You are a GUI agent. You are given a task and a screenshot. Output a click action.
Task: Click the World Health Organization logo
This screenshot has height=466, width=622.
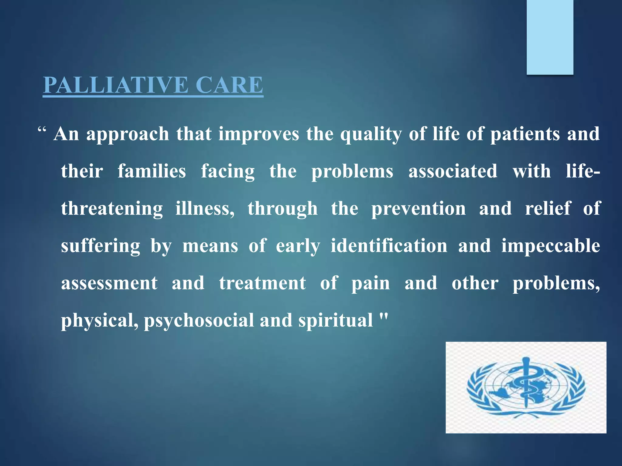tap(526, 387)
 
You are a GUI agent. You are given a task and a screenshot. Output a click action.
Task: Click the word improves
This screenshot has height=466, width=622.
tap(259, 134)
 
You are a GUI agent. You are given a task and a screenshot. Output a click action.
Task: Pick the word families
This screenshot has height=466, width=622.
tap(152, 171)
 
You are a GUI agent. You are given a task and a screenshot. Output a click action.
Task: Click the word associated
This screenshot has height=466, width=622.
tap(453, 171)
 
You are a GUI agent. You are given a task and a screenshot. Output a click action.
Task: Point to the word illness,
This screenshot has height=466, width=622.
tap(205, 209)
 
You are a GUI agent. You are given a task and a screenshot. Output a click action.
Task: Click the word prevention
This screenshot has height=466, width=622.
tap(419, 209)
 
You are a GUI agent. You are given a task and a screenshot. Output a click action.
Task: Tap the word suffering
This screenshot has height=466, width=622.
tap(101, 246)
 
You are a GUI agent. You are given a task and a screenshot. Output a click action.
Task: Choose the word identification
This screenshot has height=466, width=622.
tap(389, 246)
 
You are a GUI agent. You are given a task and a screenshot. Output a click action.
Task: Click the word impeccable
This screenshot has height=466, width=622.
tap(550, 246)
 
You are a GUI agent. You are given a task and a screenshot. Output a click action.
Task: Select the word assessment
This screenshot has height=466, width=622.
tap(109, 283)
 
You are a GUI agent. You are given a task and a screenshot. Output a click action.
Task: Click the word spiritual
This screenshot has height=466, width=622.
tap(335, 321)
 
